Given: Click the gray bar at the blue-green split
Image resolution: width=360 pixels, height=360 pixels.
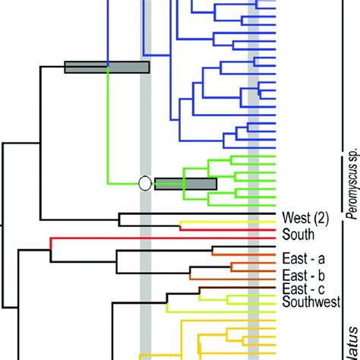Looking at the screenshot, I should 106,68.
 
